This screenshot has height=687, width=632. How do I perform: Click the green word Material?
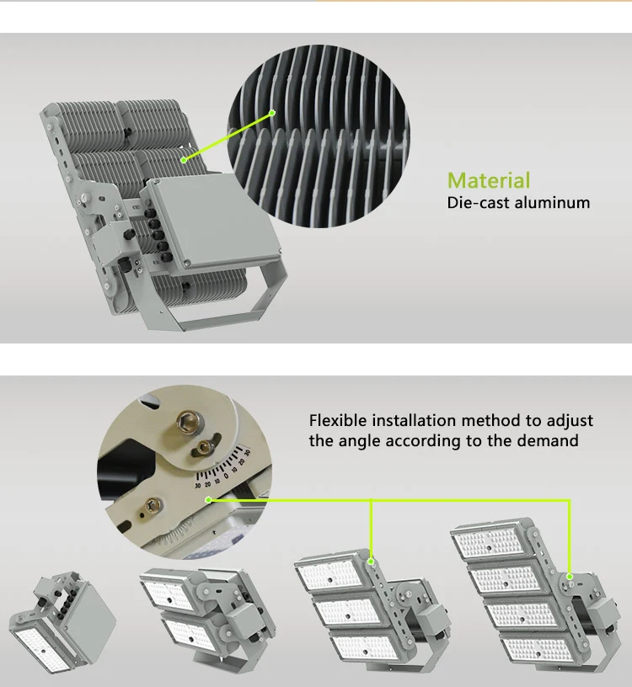pos(489,180)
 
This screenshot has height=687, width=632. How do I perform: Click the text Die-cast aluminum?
pos(518,202)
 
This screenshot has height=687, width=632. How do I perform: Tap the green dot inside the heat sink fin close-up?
pos(273,112)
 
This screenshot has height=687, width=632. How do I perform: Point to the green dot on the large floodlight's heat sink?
pos(183,157)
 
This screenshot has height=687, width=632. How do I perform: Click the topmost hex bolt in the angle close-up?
pos(185,418)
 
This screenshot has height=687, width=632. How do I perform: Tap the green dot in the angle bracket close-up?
pos(208,500)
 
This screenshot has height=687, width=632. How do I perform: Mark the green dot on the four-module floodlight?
pos(570,577)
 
